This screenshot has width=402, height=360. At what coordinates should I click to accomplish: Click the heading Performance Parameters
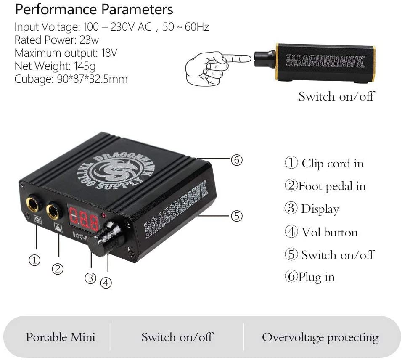point(94,10)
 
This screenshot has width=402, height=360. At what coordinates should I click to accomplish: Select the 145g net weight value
point(85,66)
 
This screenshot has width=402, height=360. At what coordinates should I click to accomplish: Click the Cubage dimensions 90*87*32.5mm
point(92,79)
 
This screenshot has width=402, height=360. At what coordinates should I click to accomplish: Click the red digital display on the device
point(84,219)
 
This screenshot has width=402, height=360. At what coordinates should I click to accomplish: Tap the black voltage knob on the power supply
point(106,239)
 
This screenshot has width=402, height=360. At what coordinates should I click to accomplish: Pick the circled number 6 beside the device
point(236,160)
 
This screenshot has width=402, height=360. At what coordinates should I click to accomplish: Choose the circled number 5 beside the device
point(236,216)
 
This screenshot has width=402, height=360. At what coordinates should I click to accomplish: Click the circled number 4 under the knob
point(106,283)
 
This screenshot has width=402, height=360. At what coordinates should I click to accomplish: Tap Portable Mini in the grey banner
point(61,337)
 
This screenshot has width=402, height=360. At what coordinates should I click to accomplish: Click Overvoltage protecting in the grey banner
point(320,337)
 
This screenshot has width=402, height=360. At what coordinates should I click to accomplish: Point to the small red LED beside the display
point(103,215)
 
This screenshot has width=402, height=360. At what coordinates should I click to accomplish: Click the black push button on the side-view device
point(265,59)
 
